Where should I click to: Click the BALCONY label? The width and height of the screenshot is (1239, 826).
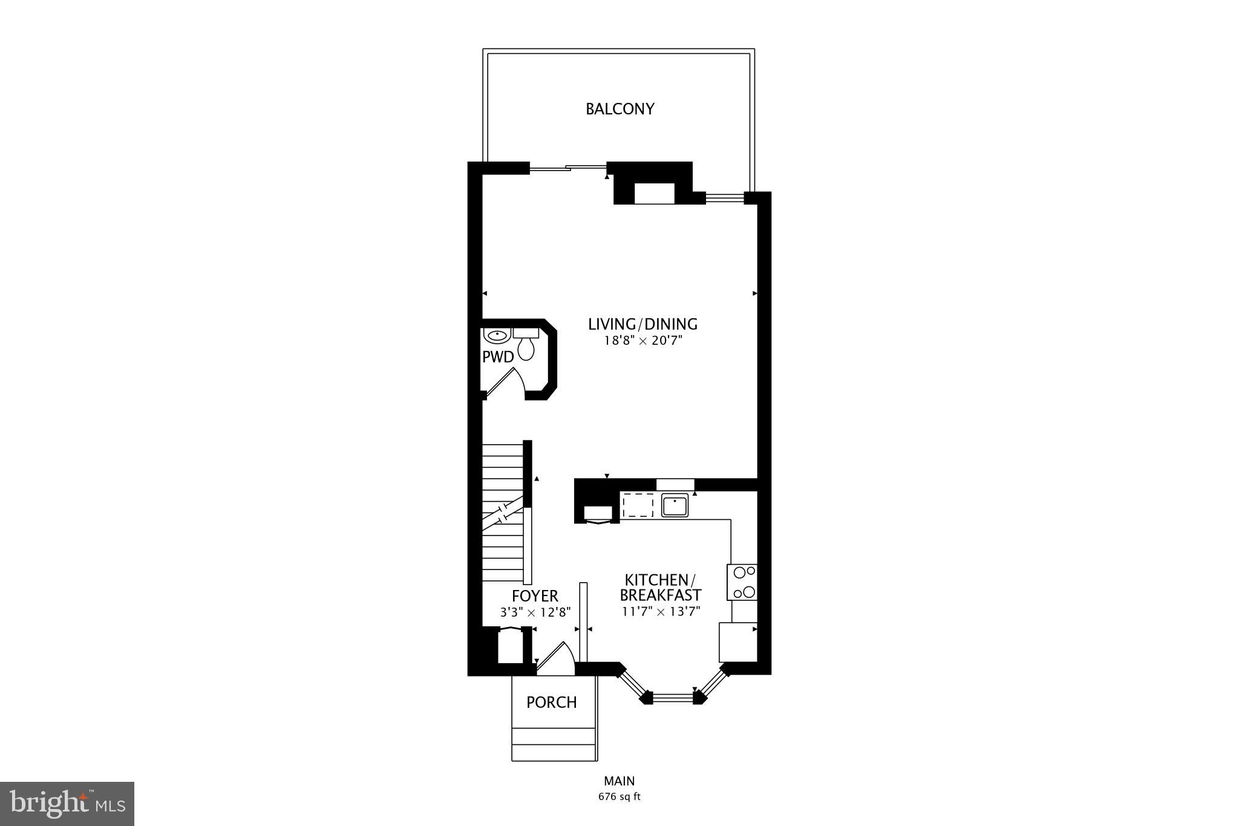click(619, 109)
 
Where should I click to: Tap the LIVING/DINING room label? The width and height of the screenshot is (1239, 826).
click(642, 324)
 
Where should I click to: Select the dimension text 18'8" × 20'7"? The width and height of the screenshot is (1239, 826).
click(642, 341)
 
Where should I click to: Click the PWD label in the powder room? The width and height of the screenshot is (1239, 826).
click(497, 357)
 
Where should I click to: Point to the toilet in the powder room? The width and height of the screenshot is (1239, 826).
click(526, 346)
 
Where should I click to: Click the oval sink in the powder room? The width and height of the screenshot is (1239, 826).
click(497, 335)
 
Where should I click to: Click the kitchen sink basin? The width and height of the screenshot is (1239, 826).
click(675, 505)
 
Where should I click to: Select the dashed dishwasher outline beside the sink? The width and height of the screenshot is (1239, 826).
click(638, 505)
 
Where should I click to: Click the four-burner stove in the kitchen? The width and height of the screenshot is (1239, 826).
click(742, 582)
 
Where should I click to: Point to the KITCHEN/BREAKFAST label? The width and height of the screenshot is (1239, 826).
click(660, 587)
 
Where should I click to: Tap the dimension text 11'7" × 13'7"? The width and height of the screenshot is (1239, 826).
click(661, 612)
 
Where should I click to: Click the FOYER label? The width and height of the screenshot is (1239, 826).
click(535, 596)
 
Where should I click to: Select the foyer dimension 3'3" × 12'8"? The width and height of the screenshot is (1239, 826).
click(535, 612)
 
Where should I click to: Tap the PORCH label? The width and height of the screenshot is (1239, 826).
click(551, 703)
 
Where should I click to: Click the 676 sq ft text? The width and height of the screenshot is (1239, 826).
click(619, 796)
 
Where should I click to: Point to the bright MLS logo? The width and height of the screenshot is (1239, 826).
click(67, 804)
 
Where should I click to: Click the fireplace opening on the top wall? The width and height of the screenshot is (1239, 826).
click(654, 194)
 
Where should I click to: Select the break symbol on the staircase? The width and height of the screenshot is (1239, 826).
click(503, 513)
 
